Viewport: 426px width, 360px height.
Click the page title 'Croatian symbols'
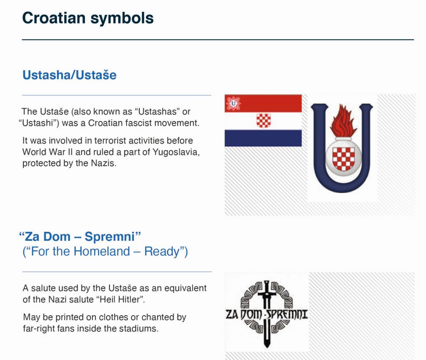(88, 18)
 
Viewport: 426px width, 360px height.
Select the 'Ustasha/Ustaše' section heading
(69, 75)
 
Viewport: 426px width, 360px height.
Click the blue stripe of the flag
(263, 138)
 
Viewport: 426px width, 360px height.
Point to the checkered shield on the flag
(264, 121)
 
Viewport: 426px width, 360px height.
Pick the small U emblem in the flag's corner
(233, 103)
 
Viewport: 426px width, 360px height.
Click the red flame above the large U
(343, 121)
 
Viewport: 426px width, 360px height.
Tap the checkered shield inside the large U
(343, 158)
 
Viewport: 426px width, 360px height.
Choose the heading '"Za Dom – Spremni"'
(80, 236)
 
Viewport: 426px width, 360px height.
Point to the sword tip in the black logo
(267, 346)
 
